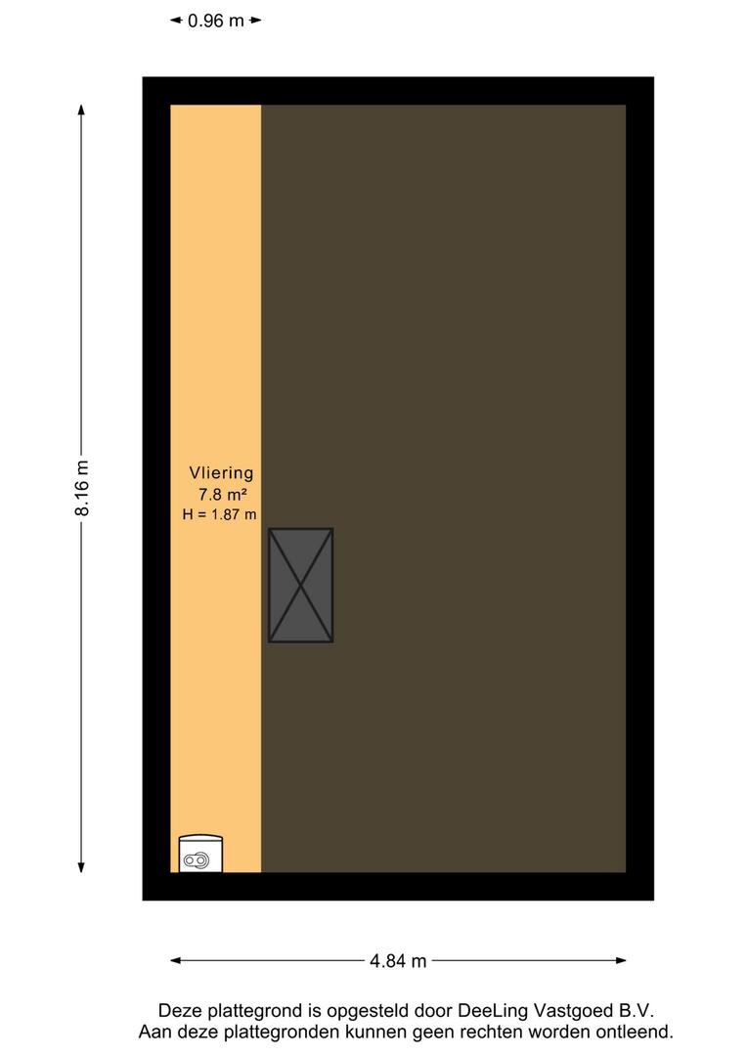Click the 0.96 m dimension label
coord(215,21)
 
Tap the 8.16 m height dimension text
coord(81,488)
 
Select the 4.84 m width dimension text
coord(398,961)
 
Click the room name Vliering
coord(221,473)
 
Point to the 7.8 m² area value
coord(222,495)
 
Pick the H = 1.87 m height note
coord(220,514)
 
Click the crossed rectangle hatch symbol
coord(300,586)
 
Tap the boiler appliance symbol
coord(200,854)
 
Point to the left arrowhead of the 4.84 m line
coord(176,960)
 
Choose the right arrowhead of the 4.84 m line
coord(620,960)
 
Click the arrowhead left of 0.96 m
coord(176,21)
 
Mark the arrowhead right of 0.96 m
coord(255,21)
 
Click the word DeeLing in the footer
coord(493,1011)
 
